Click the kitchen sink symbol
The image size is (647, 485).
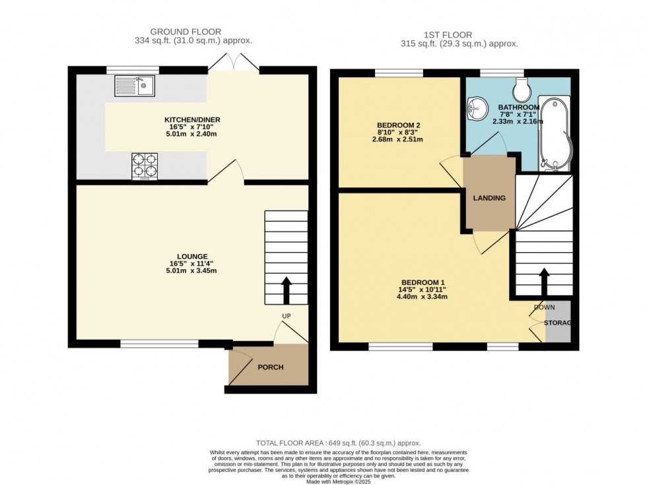coord(134,86)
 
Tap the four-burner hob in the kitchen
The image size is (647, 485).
coord(145,166)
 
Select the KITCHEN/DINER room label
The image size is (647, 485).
coord(192,119)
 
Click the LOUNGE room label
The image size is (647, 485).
coord(192,257)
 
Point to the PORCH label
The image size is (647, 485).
coord(270,367)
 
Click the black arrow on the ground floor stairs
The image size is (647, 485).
coord(287,288)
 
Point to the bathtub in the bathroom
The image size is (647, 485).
coord(553,132)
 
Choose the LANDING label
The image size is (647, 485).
coord(489,198)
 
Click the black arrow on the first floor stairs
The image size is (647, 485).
coord(544,280)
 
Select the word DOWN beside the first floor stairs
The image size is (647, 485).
coord(545,307)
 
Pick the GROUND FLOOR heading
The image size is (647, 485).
coord(186,31)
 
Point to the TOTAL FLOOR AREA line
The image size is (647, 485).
coord(338,443)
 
